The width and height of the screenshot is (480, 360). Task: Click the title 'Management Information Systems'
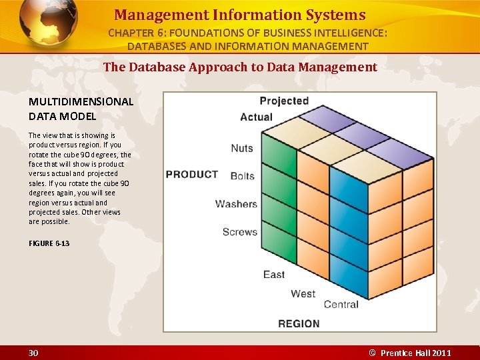click(240, 15)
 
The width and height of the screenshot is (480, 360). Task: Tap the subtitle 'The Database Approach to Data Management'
click(240, 67)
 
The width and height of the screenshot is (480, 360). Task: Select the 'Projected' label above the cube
click(284, 101)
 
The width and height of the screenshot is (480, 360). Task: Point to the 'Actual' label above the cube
click(257, 117)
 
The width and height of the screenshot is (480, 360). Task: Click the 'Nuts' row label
click(242, 148)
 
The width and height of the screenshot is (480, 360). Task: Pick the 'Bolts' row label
click(242, 176)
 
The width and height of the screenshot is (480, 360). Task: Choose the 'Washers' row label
click(236, 204)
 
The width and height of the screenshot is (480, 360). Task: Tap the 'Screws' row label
click(239, 232)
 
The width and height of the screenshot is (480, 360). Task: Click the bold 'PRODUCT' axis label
click(192, 175)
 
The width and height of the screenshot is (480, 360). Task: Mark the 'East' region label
click(274, 274)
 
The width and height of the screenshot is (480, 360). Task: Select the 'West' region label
click(303, 293)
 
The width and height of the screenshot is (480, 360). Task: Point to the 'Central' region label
click(341, 305)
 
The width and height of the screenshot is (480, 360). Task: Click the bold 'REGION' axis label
click(299, 323)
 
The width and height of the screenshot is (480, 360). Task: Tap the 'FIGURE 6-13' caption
click(49, 243)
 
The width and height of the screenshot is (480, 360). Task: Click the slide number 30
click(33, 353)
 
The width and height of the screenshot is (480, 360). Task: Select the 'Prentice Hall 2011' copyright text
click(415, 353)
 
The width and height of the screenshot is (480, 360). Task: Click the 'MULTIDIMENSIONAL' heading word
click(81, 102)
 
